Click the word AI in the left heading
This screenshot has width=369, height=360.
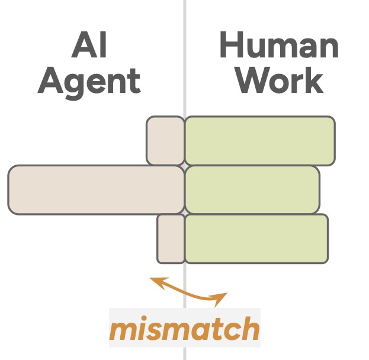point(89,46)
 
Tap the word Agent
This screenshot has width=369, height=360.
point(89,81)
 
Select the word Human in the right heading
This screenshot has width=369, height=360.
point(278,46)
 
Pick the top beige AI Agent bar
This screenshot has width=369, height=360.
point(165,140)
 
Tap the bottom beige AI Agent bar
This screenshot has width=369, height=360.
point(171,239)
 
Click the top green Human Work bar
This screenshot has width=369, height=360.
point(259,141)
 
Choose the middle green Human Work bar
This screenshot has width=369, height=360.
point(252,189)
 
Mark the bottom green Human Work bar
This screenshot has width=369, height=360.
point(256,239)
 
